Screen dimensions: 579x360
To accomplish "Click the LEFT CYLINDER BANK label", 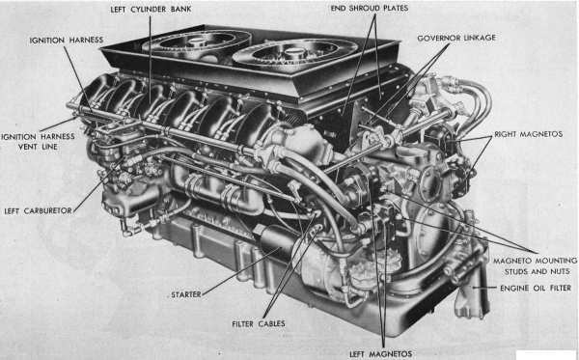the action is [x=151, y=10].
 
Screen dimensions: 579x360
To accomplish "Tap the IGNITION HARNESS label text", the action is [x=66, y=40].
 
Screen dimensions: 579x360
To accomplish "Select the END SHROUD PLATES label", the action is [x=370, y=8].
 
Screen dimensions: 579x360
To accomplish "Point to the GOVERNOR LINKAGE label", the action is [x=456, y=38].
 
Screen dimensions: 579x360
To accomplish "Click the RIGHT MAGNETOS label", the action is [x=529, y=134].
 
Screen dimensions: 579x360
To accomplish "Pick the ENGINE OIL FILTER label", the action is [x=536, y=288].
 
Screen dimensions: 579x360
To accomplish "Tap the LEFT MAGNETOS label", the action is [x=381, y=353].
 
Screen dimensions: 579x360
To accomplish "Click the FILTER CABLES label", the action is [x=259, y=324].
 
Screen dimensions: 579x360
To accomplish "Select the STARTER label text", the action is [x=186, y=294].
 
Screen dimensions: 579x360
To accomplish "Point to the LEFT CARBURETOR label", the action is [x=38, y=210].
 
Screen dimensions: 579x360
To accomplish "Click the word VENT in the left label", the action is [x=27, y=147].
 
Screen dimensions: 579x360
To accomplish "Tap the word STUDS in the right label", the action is [x=516, y=272].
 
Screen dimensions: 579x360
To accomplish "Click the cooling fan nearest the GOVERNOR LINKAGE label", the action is [x=294, y=53].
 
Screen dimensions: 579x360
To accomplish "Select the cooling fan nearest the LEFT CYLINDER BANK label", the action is [x=197, y=43].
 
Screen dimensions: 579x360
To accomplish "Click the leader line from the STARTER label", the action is [x=241, y=270].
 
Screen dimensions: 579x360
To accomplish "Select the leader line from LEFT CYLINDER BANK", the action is [x=150, y=60].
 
